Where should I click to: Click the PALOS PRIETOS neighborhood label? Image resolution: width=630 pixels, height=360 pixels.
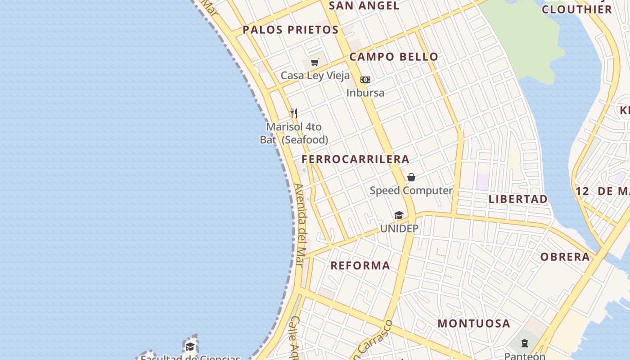(x=290, y=30)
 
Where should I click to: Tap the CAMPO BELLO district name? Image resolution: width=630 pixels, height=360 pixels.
(x=394, y=57)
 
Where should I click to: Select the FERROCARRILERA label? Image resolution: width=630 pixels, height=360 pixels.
(x=355, y=159)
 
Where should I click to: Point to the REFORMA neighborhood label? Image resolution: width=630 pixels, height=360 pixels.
(x=360, y=265)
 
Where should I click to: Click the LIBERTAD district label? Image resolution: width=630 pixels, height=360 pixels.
(x=518, y=199)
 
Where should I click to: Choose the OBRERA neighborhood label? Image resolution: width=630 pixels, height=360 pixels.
(x=565, y=257)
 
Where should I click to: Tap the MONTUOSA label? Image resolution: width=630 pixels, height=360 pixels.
(x=474, y=324)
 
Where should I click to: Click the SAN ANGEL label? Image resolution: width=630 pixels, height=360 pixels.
(x=364, y=6)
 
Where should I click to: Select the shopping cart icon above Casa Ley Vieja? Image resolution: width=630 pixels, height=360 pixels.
(x=315, y=63)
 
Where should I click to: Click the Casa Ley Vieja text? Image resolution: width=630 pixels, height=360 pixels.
(x=315, y=76)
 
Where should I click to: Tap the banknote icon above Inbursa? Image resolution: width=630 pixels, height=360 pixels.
(x=365, y=80)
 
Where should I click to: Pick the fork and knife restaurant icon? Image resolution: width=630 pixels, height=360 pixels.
(x=294, y=113)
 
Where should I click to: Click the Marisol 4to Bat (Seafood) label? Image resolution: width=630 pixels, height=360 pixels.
(x=294, y=133)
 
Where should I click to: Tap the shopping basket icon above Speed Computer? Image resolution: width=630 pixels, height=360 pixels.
(x=411, y=177)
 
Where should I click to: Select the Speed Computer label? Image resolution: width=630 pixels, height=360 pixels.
(x=411, y=190)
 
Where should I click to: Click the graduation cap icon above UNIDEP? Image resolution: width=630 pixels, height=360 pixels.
(x=399, y=216)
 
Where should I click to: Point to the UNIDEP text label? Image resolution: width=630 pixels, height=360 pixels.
(x=399, y=229)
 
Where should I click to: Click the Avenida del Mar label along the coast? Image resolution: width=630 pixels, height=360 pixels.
(x=300, y=225)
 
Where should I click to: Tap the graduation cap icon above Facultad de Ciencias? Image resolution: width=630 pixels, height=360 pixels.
(x=190, y=346)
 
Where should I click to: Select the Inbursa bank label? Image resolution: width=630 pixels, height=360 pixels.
(x=365, y=93)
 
